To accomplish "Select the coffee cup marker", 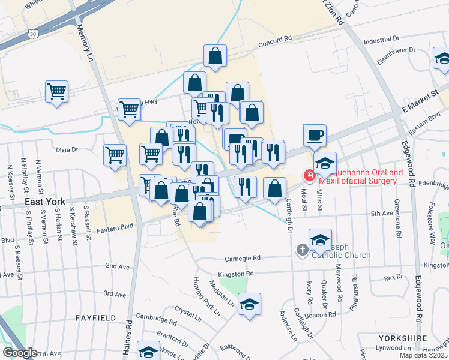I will [315, 135].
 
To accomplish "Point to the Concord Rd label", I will [274, 44].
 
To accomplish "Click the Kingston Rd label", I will [237, 274].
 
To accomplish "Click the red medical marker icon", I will [309, 175].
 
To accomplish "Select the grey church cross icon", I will [302, 250].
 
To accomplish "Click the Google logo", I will [19, 353].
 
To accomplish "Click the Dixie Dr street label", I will [67, 149].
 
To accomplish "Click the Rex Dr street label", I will [393, 277].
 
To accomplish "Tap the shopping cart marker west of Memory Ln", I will [57, 92].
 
